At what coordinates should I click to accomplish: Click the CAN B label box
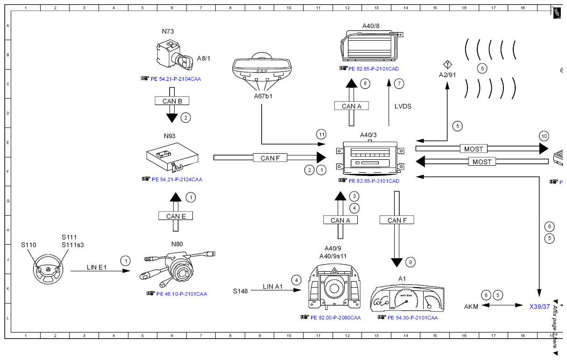172,101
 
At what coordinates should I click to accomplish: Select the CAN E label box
176,216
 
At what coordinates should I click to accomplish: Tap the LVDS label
403,106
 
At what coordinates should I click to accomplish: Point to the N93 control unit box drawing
172,157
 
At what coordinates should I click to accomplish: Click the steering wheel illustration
48,269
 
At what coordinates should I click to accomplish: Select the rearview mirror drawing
262,68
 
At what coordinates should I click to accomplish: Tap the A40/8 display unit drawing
371,46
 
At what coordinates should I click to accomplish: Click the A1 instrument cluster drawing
407,298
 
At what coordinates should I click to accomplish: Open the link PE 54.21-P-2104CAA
176,79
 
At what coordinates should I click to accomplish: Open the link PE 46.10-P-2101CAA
182,294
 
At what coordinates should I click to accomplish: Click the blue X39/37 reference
539,307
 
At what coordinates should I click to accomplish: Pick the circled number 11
321,134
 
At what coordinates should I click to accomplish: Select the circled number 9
411,262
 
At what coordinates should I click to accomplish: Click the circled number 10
544,136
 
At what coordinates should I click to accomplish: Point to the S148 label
240,291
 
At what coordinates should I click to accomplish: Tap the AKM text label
471,307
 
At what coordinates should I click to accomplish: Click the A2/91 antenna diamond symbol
447,64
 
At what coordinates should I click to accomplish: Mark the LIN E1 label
97,267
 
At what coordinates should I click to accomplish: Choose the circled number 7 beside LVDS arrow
399,84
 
